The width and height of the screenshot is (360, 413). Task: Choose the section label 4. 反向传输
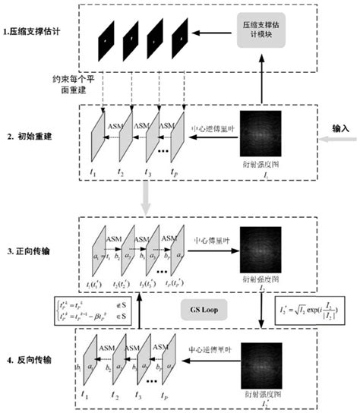[29, 358]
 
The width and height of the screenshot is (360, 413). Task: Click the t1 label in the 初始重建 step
[93, 173]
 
